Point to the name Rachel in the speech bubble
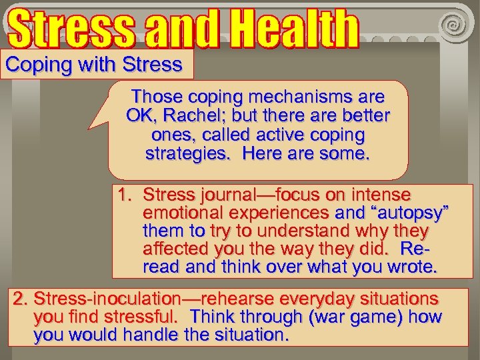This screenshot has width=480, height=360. click(188, 116)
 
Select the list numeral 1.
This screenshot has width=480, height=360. click(123, 195)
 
